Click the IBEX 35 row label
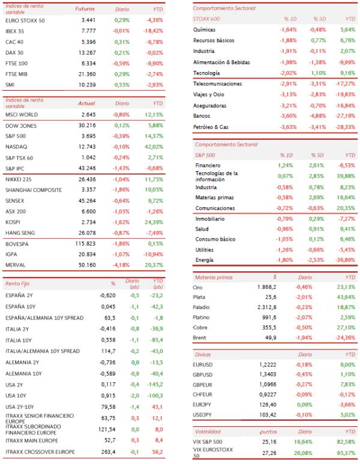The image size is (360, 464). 14,31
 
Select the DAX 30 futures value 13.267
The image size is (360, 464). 87,53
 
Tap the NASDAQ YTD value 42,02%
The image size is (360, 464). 154,147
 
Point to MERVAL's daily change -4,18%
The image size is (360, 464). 121,265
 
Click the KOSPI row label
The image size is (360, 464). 13,222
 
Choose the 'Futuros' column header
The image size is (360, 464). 85,9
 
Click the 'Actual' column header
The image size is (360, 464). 86,103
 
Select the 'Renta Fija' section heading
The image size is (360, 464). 17,283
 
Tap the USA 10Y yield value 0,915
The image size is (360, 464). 108,396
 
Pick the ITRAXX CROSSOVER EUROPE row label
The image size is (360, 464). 40,452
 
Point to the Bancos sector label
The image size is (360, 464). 202,116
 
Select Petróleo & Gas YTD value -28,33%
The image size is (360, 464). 345,127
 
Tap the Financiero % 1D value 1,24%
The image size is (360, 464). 285,166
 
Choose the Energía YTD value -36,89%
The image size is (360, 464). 345,260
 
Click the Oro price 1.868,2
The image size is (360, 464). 267,287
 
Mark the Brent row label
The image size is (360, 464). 199,337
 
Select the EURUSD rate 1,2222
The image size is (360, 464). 268,365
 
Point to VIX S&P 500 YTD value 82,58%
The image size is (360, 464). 346,442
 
